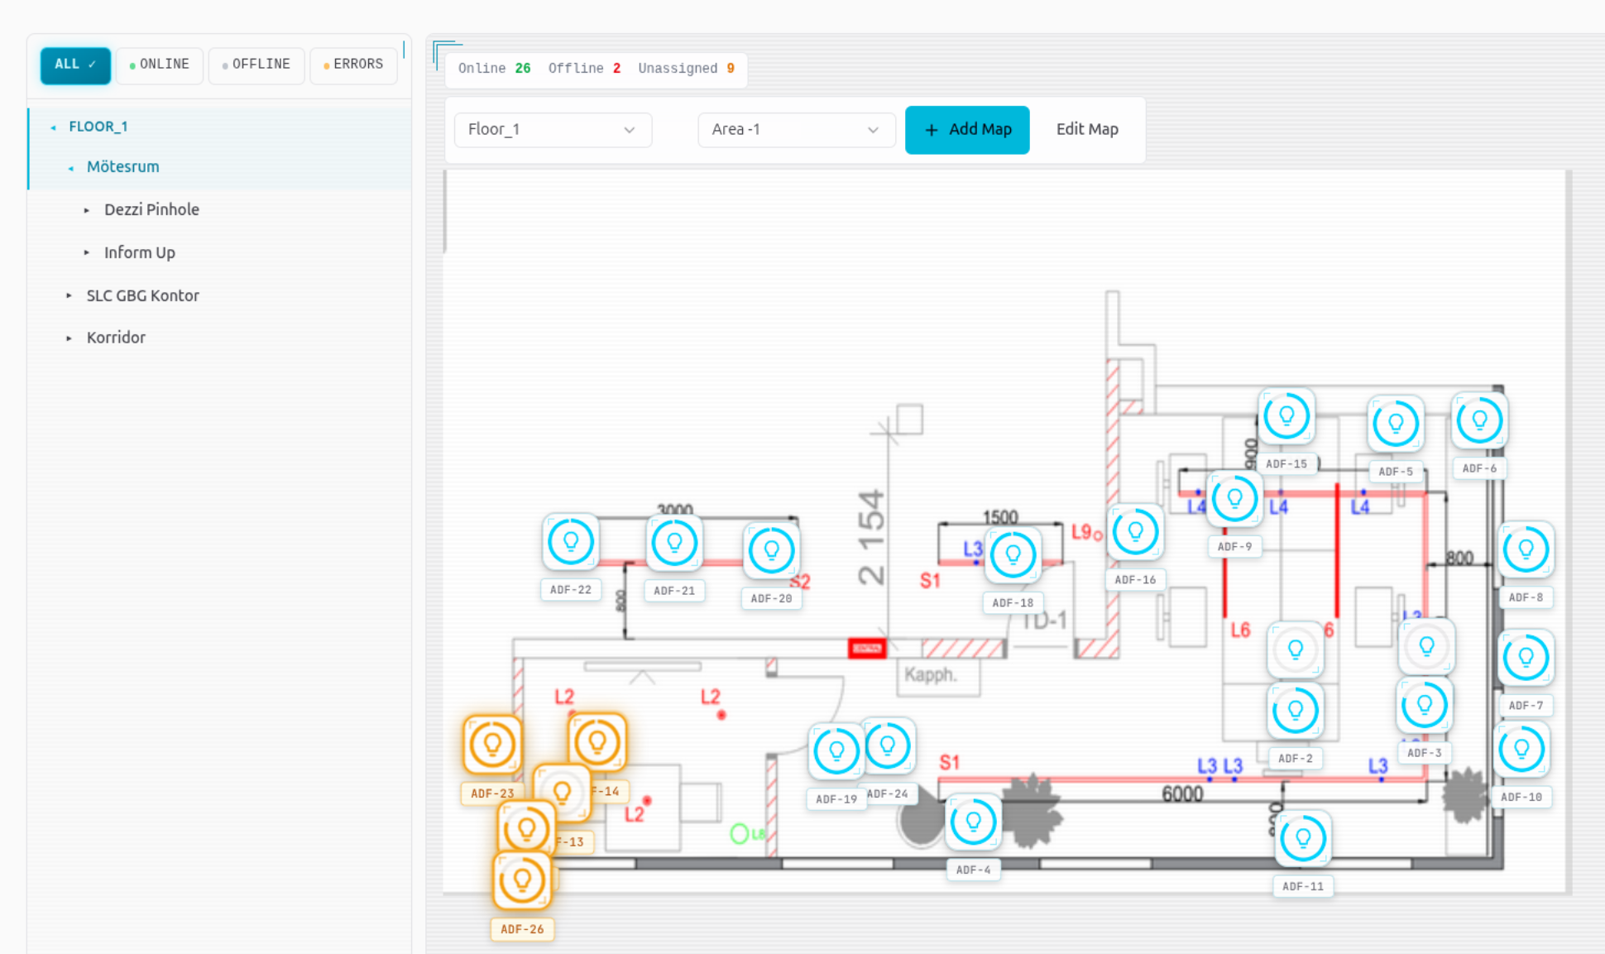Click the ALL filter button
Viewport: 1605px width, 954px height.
click(74, 65)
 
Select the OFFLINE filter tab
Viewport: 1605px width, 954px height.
click(256, 65)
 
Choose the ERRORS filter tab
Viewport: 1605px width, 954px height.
click(353, 65)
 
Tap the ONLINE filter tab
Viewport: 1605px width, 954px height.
click(160, 65)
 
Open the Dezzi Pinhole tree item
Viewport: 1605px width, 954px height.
click(151, 209)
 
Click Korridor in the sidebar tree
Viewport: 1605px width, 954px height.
click(116, 338)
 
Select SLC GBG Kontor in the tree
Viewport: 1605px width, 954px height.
click(142, 295)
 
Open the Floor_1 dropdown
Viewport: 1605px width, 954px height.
click(552, 130)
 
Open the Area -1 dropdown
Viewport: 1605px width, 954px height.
click(795, 130)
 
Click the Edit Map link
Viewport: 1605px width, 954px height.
click(1086, 129)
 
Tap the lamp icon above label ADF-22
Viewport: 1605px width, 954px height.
click(570, 543)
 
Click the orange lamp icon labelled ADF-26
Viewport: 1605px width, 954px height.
click(522, 880)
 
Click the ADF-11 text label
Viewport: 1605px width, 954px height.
click(1302, 886)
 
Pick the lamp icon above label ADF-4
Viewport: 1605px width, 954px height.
click(973, 822)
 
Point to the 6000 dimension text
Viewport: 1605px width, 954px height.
click(1181, 794)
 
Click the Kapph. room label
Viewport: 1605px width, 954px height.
click(931, 674)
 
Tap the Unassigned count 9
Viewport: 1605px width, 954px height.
click(731, 69)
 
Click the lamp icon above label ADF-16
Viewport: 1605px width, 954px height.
click(1135, 532)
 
